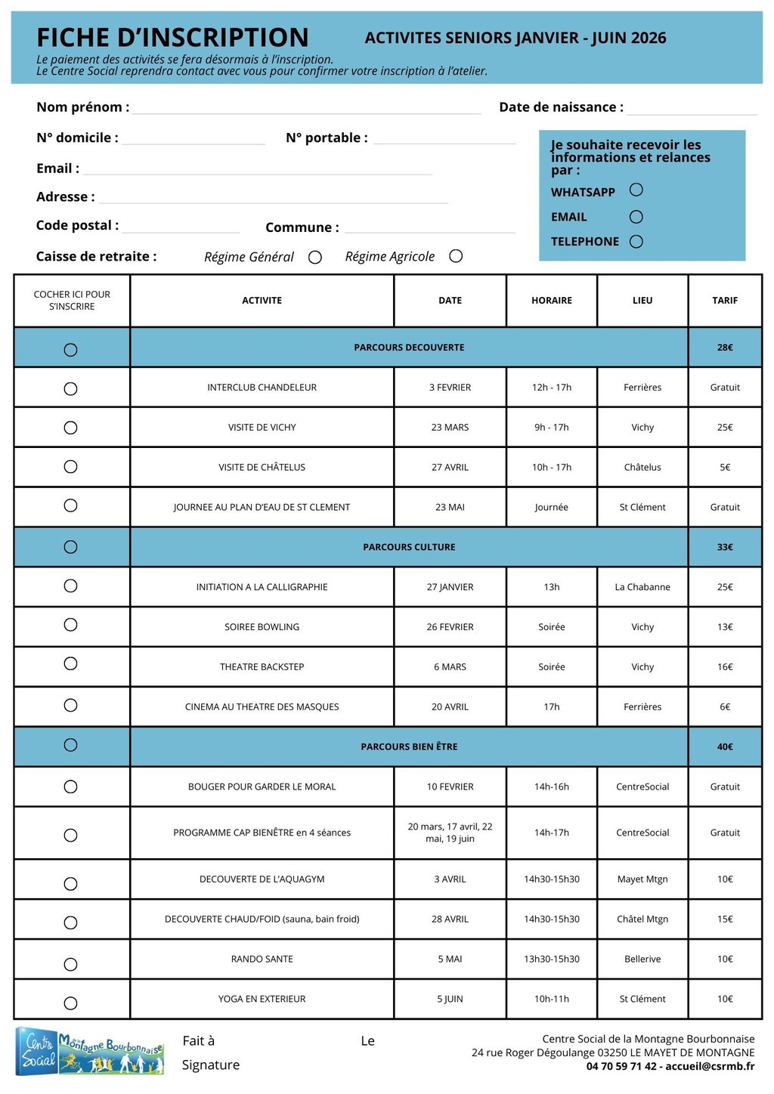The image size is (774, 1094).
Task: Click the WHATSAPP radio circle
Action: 636,190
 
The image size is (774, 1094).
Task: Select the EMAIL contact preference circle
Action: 636,217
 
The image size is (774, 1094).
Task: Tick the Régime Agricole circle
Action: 456,256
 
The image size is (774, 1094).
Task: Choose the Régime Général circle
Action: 315,258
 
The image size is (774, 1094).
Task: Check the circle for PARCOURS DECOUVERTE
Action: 70,350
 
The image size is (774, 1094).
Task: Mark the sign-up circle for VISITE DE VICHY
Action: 70,428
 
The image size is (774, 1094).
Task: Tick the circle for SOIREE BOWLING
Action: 70,625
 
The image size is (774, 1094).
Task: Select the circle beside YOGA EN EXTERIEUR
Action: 70,1003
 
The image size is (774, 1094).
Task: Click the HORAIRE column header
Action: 552,301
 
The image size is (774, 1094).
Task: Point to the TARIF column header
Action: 725,301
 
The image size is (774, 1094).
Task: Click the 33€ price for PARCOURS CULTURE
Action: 725,547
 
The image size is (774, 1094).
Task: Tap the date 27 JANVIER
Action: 450,587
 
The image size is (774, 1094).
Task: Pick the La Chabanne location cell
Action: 642,587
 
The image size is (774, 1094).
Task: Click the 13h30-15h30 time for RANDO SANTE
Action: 552,960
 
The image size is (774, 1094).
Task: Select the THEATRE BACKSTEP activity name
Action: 262,667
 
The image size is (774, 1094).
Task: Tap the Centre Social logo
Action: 89,1051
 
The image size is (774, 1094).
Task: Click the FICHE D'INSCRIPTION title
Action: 172,38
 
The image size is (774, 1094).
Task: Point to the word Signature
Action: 210,1065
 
